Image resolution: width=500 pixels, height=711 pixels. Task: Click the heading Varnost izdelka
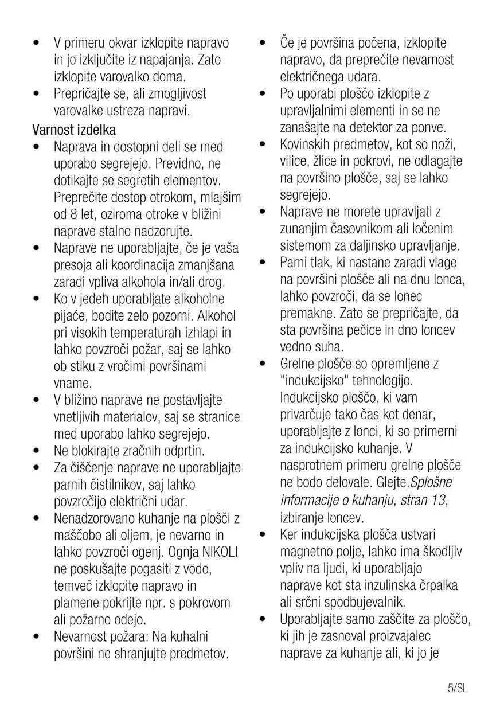(74, 130)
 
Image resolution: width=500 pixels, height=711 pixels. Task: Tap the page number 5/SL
(458, 688)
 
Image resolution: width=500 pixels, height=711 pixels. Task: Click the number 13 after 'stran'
(438, 499)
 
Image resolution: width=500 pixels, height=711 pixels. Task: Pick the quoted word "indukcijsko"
(315, 381)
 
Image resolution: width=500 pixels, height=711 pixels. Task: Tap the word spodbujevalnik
(361, 602)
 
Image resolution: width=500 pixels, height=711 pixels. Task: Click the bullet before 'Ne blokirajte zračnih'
(36, 451)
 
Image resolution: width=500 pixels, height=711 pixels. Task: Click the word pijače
(71, 316)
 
